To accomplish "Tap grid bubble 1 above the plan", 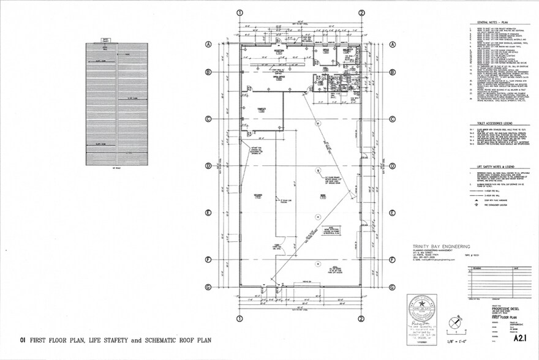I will pyautogui.click(x=240, y=12).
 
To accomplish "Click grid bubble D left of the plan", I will pyautogui.click(x=209, y=166).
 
